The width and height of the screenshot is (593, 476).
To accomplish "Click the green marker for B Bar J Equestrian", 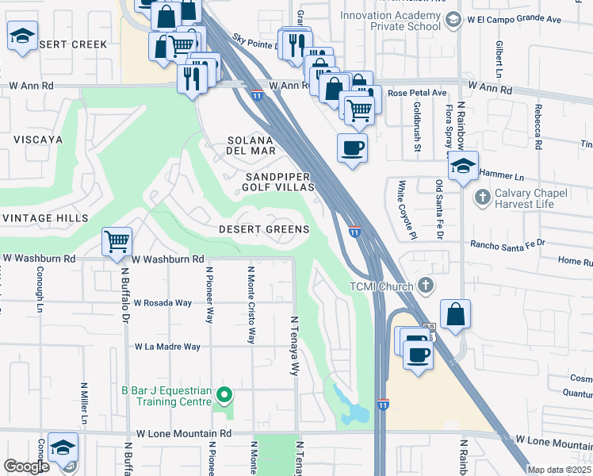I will coord(224,394).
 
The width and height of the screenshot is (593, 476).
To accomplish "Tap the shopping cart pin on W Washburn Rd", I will coord(117,241).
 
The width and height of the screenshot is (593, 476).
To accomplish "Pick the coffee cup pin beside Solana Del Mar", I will coord(352,148).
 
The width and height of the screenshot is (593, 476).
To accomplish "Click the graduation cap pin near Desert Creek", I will coord(23,36).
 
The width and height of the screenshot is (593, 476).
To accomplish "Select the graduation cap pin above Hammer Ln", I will coord(463,167).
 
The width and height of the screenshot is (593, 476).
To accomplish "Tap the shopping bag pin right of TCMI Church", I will coord(456,314).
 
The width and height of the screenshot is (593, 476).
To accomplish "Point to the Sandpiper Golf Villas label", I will coord(280,182).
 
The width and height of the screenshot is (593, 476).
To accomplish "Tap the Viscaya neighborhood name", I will coord(37,139).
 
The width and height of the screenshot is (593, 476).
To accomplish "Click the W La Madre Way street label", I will coord(167,347).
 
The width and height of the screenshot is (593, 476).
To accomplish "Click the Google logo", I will coord(26,466).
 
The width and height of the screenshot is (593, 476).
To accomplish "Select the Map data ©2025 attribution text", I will coord(559,470).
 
